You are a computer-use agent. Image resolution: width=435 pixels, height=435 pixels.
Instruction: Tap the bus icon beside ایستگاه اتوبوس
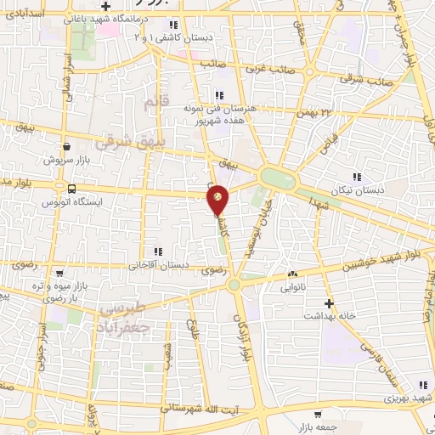[71, 189]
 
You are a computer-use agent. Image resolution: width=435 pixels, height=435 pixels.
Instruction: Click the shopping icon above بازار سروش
[66, 146]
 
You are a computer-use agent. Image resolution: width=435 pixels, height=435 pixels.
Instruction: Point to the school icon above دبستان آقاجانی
[157, 251]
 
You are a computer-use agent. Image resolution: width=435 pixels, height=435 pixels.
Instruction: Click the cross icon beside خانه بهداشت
[328, 302]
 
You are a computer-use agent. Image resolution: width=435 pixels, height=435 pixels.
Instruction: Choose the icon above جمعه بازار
[317, 415]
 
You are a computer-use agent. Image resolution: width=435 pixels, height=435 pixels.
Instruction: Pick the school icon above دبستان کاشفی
[173, 24]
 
